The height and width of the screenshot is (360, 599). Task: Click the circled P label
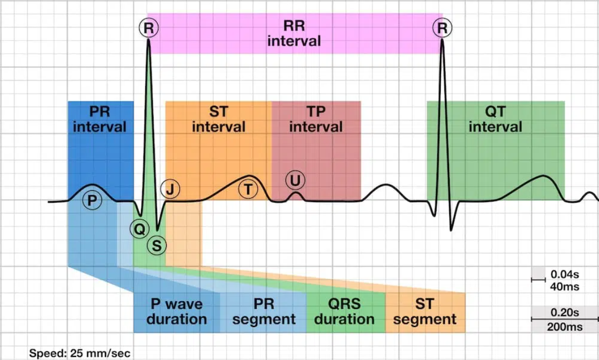pos(93,200)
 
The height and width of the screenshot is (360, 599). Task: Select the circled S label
pos(157,245)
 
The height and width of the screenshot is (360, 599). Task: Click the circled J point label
pos(169,189)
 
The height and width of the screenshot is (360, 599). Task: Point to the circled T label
pos(247,189)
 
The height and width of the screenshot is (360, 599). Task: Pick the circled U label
pos(296,180)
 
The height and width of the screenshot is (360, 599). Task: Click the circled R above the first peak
pos(149,28)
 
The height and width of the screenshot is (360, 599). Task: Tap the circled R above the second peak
pos(442,28)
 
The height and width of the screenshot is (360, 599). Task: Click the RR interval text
pos(293,34)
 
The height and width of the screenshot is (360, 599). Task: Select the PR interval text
pos(100,119)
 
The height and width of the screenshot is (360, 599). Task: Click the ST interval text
pos(218,119)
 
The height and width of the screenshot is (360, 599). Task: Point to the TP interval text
pos(316,119)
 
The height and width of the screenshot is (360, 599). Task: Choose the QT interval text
pos(495,119)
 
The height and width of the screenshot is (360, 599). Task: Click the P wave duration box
pos(176,312)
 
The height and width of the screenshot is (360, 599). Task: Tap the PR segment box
pos(263,312)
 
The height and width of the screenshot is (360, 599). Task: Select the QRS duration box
pos(344,312)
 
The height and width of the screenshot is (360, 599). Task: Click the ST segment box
pos(425,312)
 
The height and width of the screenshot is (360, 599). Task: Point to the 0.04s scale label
pos(565,274)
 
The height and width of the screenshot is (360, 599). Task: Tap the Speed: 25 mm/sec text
pos(79,353)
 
